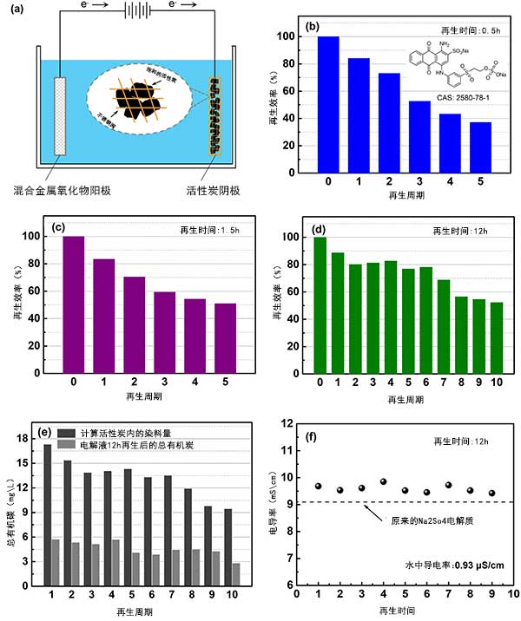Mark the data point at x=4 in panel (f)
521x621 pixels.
(x=382, y=481)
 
